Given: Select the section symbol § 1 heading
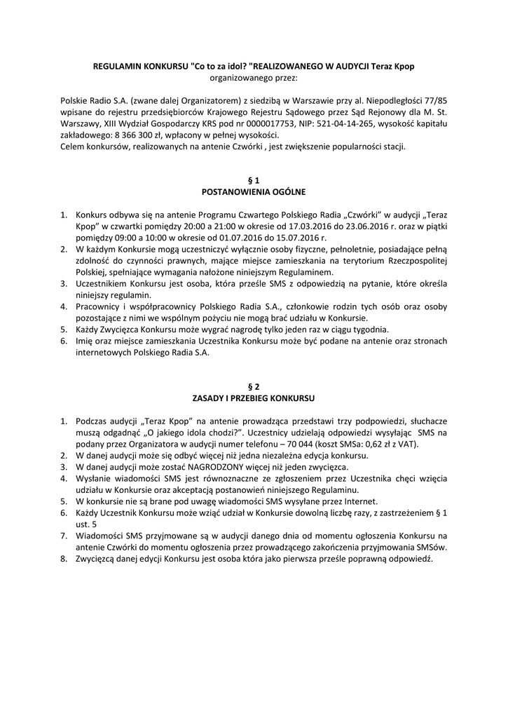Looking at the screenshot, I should pos(254,180).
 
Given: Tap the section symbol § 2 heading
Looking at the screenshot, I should pos(254,386).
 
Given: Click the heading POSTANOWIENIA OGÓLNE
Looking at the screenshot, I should pos(254,191).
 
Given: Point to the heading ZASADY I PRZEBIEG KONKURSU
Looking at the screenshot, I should pos(254,398).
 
